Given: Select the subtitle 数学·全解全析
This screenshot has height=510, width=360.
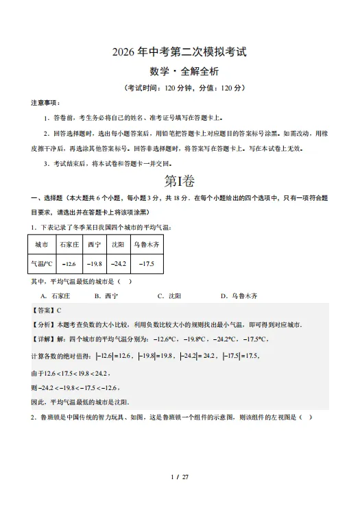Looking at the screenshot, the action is (x=180, y=71).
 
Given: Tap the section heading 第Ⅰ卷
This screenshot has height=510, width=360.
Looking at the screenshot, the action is (x=180, y=181).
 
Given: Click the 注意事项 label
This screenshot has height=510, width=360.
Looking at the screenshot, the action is (x=45, y=102).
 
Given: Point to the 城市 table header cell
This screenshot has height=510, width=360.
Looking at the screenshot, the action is (x=40, y=244).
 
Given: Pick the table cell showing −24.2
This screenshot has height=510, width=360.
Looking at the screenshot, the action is (x=120, y=264).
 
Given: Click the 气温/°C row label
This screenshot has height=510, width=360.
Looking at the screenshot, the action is (x=40, y=264).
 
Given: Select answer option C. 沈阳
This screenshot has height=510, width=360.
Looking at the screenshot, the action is (x=169, y=296).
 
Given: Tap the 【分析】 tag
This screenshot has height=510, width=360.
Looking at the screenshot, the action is (x=43, y=325).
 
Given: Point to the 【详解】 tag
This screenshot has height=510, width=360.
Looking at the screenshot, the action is (x=43, y=339).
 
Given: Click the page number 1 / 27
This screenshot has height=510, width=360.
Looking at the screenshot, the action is (x=179, y=477).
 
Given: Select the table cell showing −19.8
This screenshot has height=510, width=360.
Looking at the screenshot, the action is (x=94, y=264).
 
